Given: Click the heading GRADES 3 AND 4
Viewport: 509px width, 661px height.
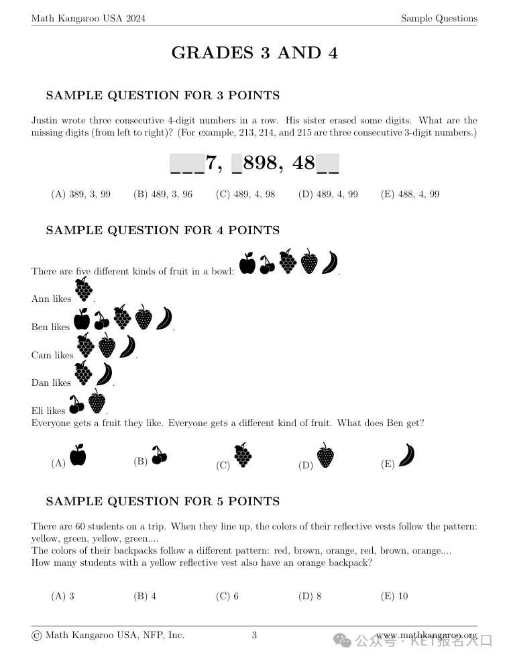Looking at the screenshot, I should pyautogui.click(x=254, y=53).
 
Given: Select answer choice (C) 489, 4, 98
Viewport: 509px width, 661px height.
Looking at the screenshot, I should pyautogui.click(x=245, y=194).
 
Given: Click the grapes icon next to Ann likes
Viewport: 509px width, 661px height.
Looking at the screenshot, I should pyautogui.click(x=83, y=291).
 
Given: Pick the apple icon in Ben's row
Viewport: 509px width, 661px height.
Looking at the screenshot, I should pyautogui.click(x=82, y=319).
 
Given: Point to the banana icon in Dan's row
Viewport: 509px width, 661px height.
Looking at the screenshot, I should pyautogui.click(x=104, y=374).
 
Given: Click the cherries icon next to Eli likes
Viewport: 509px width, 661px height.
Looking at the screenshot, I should pyautogui.click(x=76, y=405).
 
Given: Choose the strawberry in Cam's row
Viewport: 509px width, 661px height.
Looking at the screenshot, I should pyautogui.click(x=107, y=347).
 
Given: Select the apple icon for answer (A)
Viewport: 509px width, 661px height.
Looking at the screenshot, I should pyautogui.click(x=78, y=455).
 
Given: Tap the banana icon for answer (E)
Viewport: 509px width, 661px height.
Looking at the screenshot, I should pyautogui.click(x=406, y=454).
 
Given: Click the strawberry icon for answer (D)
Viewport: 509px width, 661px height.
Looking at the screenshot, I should pyautogui.click(x=325, y=456).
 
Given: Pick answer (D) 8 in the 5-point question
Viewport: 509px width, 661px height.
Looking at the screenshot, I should pyautogui.click(x=310, y=596).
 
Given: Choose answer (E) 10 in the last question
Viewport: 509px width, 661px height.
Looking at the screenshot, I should pyautogui.click(x=394, y=596).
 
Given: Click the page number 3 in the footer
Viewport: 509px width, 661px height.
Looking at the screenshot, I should pyautogui.click(x=254, y=635).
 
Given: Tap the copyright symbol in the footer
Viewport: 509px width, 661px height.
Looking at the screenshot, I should pyautogui.click(x=36, y=635).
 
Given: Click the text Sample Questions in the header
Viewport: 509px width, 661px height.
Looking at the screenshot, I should pyautogui.click(x=439, y=18).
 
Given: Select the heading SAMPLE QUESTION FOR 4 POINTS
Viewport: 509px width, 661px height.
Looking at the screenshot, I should pyautogui.click(x=162, y=230).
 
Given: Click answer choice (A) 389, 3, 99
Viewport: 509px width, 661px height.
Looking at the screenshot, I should pyautogui.click(x=80, y=194).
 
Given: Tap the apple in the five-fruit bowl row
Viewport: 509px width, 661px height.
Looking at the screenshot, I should pyautogui.click(x=247, y=264).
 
